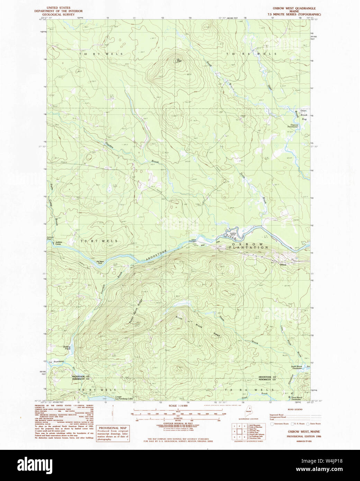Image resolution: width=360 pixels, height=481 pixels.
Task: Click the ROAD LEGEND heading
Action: tap(295, 409)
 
